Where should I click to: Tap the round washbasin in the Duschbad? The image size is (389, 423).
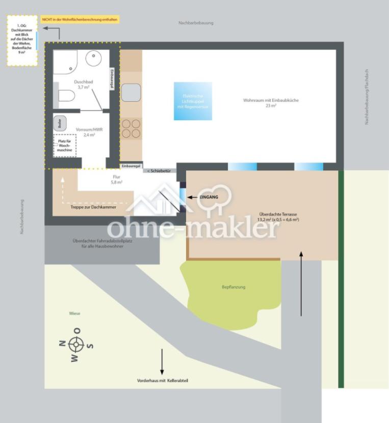tap(94, 59)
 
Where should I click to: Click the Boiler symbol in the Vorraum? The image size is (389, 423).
tap(59, 123)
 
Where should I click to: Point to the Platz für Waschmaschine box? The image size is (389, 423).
tap(65, 145)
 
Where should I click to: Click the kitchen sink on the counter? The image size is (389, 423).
tap(131, 92)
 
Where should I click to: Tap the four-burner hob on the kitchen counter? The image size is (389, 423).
tap(131, 128)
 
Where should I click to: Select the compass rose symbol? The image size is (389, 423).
tap(76, 345)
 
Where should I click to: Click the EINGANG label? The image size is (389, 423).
tap(209, 197)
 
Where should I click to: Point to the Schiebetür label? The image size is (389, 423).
tap(160, 171)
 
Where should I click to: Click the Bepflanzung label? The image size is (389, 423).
tap(234, 287)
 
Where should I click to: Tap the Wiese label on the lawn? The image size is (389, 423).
tap(75, 313)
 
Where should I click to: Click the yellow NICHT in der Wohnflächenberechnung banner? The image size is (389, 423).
tap(80, 19)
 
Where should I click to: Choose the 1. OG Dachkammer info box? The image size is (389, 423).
tap(22, 40)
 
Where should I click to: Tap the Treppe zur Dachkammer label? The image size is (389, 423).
tap(93, 207)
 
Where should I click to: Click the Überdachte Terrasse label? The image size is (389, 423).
tap(278, 217)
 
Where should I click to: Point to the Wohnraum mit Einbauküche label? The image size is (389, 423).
tap(271, 103)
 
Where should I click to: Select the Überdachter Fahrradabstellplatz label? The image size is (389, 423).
tap(102, 244)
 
